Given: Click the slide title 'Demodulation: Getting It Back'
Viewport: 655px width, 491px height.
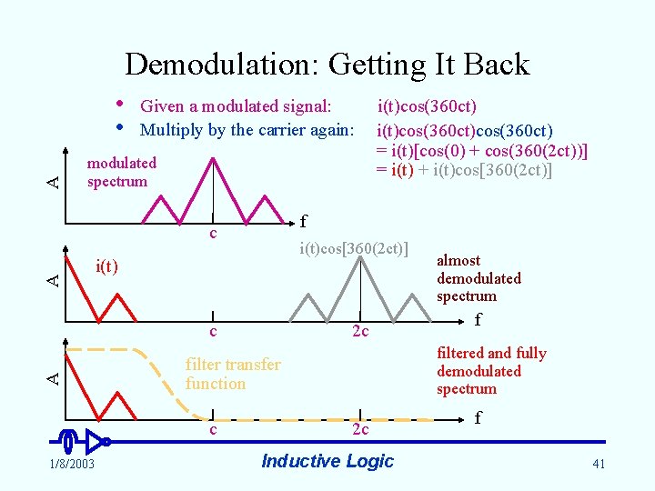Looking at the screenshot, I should pos(327,65).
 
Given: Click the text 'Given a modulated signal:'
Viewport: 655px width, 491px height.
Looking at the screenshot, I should pos(236,106).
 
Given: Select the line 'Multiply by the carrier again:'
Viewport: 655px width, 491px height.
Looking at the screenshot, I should pos(247,130).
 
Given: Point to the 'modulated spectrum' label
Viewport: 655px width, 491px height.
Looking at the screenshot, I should pos(121,172).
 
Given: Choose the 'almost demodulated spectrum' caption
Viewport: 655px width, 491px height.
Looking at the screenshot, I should pos(479,278).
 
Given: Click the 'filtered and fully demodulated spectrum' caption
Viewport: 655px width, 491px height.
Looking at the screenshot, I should pos(491,371).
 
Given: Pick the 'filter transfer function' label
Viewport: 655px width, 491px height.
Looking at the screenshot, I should pos(233,374).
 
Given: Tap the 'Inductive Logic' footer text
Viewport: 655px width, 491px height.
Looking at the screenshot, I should pos(327,461).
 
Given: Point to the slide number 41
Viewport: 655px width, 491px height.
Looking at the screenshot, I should pos(598,465).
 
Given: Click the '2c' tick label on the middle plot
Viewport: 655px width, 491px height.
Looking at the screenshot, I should pos(360,332).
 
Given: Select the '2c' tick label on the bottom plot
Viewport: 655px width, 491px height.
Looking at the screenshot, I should pos(360,429).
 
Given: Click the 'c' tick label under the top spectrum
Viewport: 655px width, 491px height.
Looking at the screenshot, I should pos(212,234).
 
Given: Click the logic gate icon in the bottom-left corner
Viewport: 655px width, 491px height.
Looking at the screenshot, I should pos(83,442).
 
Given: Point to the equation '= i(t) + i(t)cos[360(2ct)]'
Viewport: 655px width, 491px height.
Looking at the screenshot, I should pos(464,170).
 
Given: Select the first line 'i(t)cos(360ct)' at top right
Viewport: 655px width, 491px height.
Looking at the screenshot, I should pos(428,106).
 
